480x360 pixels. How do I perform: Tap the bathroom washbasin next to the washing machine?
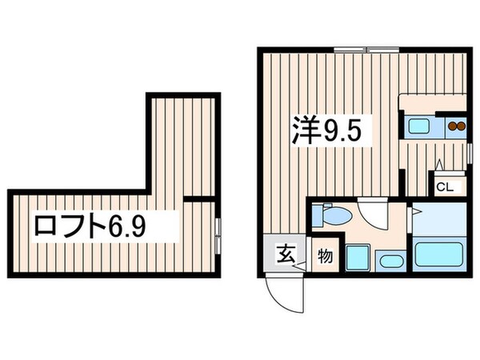(x=391, y=262)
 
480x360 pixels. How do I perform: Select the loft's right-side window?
(x=218, y=227)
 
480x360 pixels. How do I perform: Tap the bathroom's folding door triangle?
(x=417, y=212)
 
